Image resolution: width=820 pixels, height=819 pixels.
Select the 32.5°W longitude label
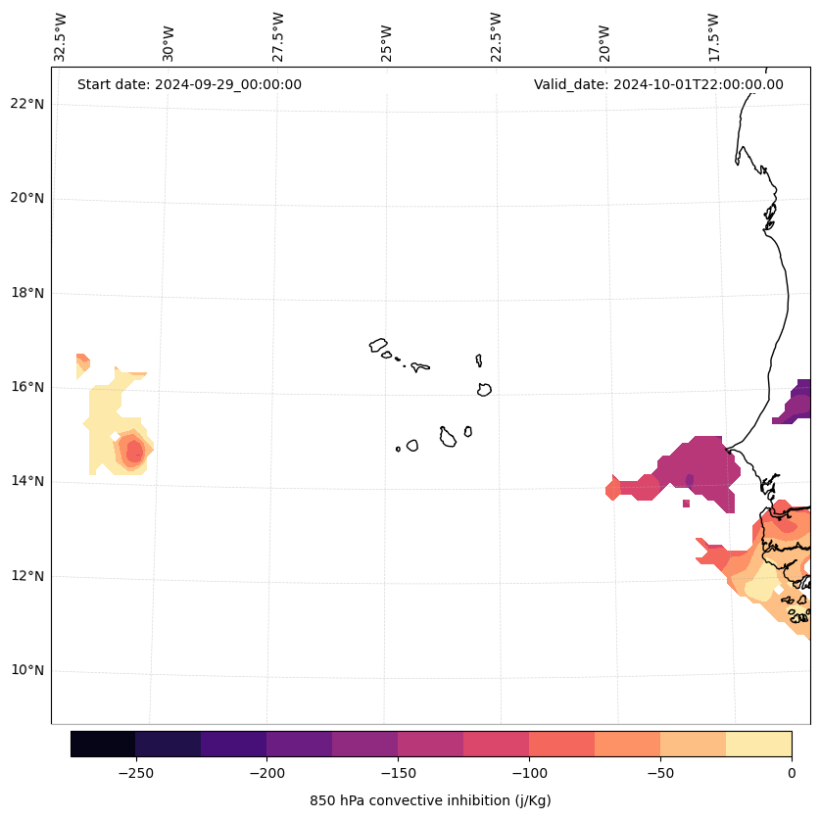click(x=61, y=37)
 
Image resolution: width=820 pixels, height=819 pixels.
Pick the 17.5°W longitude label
click(x=714, y=37)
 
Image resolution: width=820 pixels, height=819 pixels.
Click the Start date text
click(x=189, y=84)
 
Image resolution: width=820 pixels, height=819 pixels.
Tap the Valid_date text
click(x=658, y=84)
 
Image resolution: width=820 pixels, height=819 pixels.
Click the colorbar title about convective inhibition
click(x=430, y=800)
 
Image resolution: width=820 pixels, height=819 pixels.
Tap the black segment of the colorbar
click(x=103, y=744)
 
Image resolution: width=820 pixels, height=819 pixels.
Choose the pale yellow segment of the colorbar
click(x=758, y=744)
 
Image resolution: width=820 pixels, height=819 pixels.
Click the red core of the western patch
click(x=134, y=451)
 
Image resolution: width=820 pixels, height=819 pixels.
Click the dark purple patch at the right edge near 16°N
click(x=799, y=402)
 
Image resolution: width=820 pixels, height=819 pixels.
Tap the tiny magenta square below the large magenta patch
click(x=686, y=504)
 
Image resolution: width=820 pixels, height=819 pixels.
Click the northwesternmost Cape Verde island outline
click(x=378, y=345)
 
